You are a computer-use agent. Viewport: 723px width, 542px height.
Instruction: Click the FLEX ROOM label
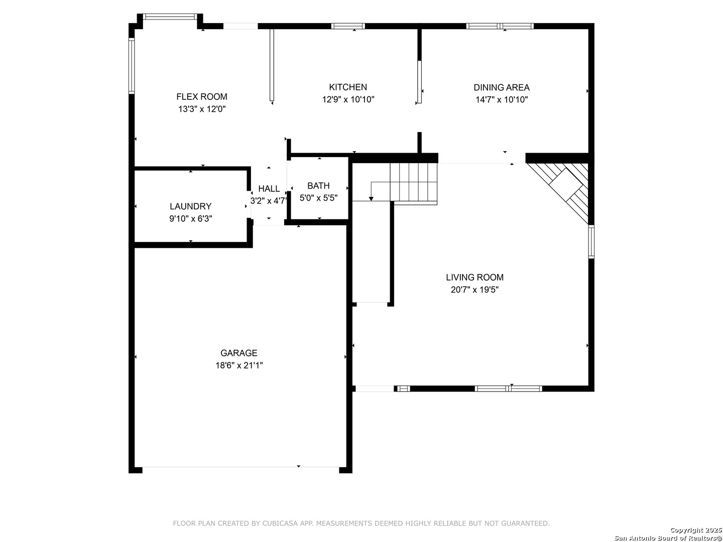click(x=201, y=97)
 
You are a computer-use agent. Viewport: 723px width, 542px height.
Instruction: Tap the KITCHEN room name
click(x=348, y=87)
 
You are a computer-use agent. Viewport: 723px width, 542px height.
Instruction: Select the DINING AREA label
click(x=501, y=87)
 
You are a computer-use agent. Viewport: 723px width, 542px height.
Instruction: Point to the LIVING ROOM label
click(x=474, y=278)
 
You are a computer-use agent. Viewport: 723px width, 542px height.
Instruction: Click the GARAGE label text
click(x=239, y=353)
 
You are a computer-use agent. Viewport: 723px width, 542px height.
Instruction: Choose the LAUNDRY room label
click(x=190, y=206)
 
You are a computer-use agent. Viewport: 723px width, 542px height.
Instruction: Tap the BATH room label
click(x=318, y=186)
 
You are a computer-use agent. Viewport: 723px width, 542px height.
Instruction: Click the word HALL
click(x=269, y=189)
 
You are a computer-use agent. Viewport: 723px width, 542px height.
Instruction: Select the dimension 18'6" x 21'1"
click(x=239, y=365)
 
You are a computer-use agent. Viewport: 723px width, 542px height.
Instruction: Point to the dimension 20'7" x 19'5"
click(x=474, y=290)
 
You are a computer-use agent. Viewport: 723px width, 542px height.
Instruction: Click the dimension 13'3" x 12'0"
click(x=202, y=109)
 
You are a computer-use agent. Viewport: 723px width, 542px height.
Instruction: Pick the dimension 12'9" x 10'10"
click(x=348, y=99)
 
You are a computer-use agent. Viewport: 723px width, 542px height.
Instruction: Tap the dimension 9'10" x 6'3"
click(x=190, y=218)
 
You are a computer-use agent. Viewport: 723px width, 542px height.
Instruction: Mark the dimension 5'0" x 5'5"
click(x=318, y=198)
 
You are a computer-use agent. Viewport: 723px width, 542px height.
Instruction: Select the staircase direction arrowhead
click(x=371, y=199)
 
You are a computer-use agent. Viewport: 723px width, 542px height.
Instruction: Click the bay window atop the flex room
click(x=170, y=17)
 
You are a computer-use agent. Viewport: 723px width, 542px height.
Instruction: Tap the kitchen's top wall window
click(x=348, y=26)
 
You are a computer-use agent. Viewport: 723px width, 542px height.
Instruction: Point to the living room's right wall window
click(x=591, y=241)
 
